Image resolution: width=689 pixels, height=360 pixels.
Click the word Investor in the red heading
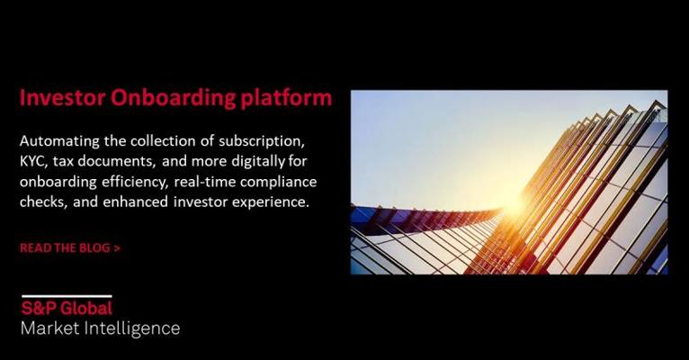tap(62, 97)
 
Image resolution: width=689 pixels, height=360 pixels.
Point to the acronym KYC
tap(34, 161)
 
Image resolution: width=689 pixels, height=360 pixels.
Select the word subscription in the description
tap(262, 142)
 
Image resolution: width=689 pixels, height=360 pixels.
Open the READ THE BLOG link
tap(70, 247)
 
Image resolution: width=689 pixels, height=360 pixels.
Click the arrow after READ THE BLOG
tap(117, 248)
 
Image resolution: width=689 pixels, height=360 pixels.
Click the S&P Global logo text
tap(67, 308)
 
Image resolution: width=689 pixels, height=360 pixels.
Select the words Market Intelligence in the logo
tap(100, 328)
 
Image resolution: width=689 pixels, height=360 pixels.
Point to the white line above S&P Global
tap(67, 296)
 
